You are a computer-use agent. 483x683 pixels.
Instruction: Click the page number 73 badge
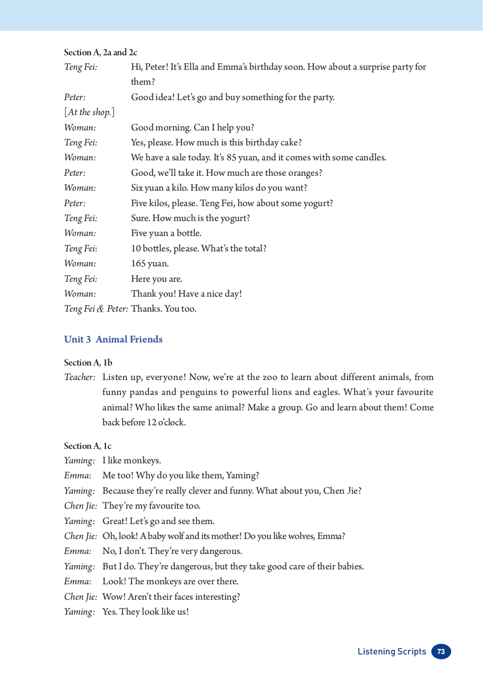[x=441, y=651]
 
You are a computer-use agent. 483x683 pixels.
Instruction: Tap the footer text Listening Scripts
[x=391, y=651]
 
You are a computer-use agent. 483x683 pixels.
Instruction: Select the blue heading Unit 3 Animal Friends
[x=113, y=339]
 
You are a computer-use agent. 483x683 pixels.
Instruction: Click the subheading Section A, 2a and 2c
[x=101, y=53]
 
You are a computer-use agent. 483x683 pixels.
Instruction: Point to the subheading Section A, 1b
[x=88, y=362]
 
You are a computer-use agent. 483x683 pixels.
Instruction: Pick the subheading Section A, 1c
[x=87, y=446]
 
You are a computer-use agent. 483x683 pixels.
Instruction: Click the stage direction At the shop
[x=89, y=112]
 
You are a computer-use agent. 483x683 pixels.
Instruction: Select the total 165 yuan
[x=150, y=264]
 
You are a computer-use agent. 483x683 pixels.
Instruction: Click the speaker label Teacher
[x=80, y=377]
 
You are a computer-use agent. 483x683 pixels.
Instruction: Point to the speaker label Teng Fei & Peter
[x=96, y=309]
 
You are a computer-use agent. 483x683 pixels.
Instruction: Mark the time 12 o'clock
[x=166, y=423]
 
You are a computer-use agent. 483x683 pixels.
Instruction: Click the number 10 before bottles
[x=136, y=249]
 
